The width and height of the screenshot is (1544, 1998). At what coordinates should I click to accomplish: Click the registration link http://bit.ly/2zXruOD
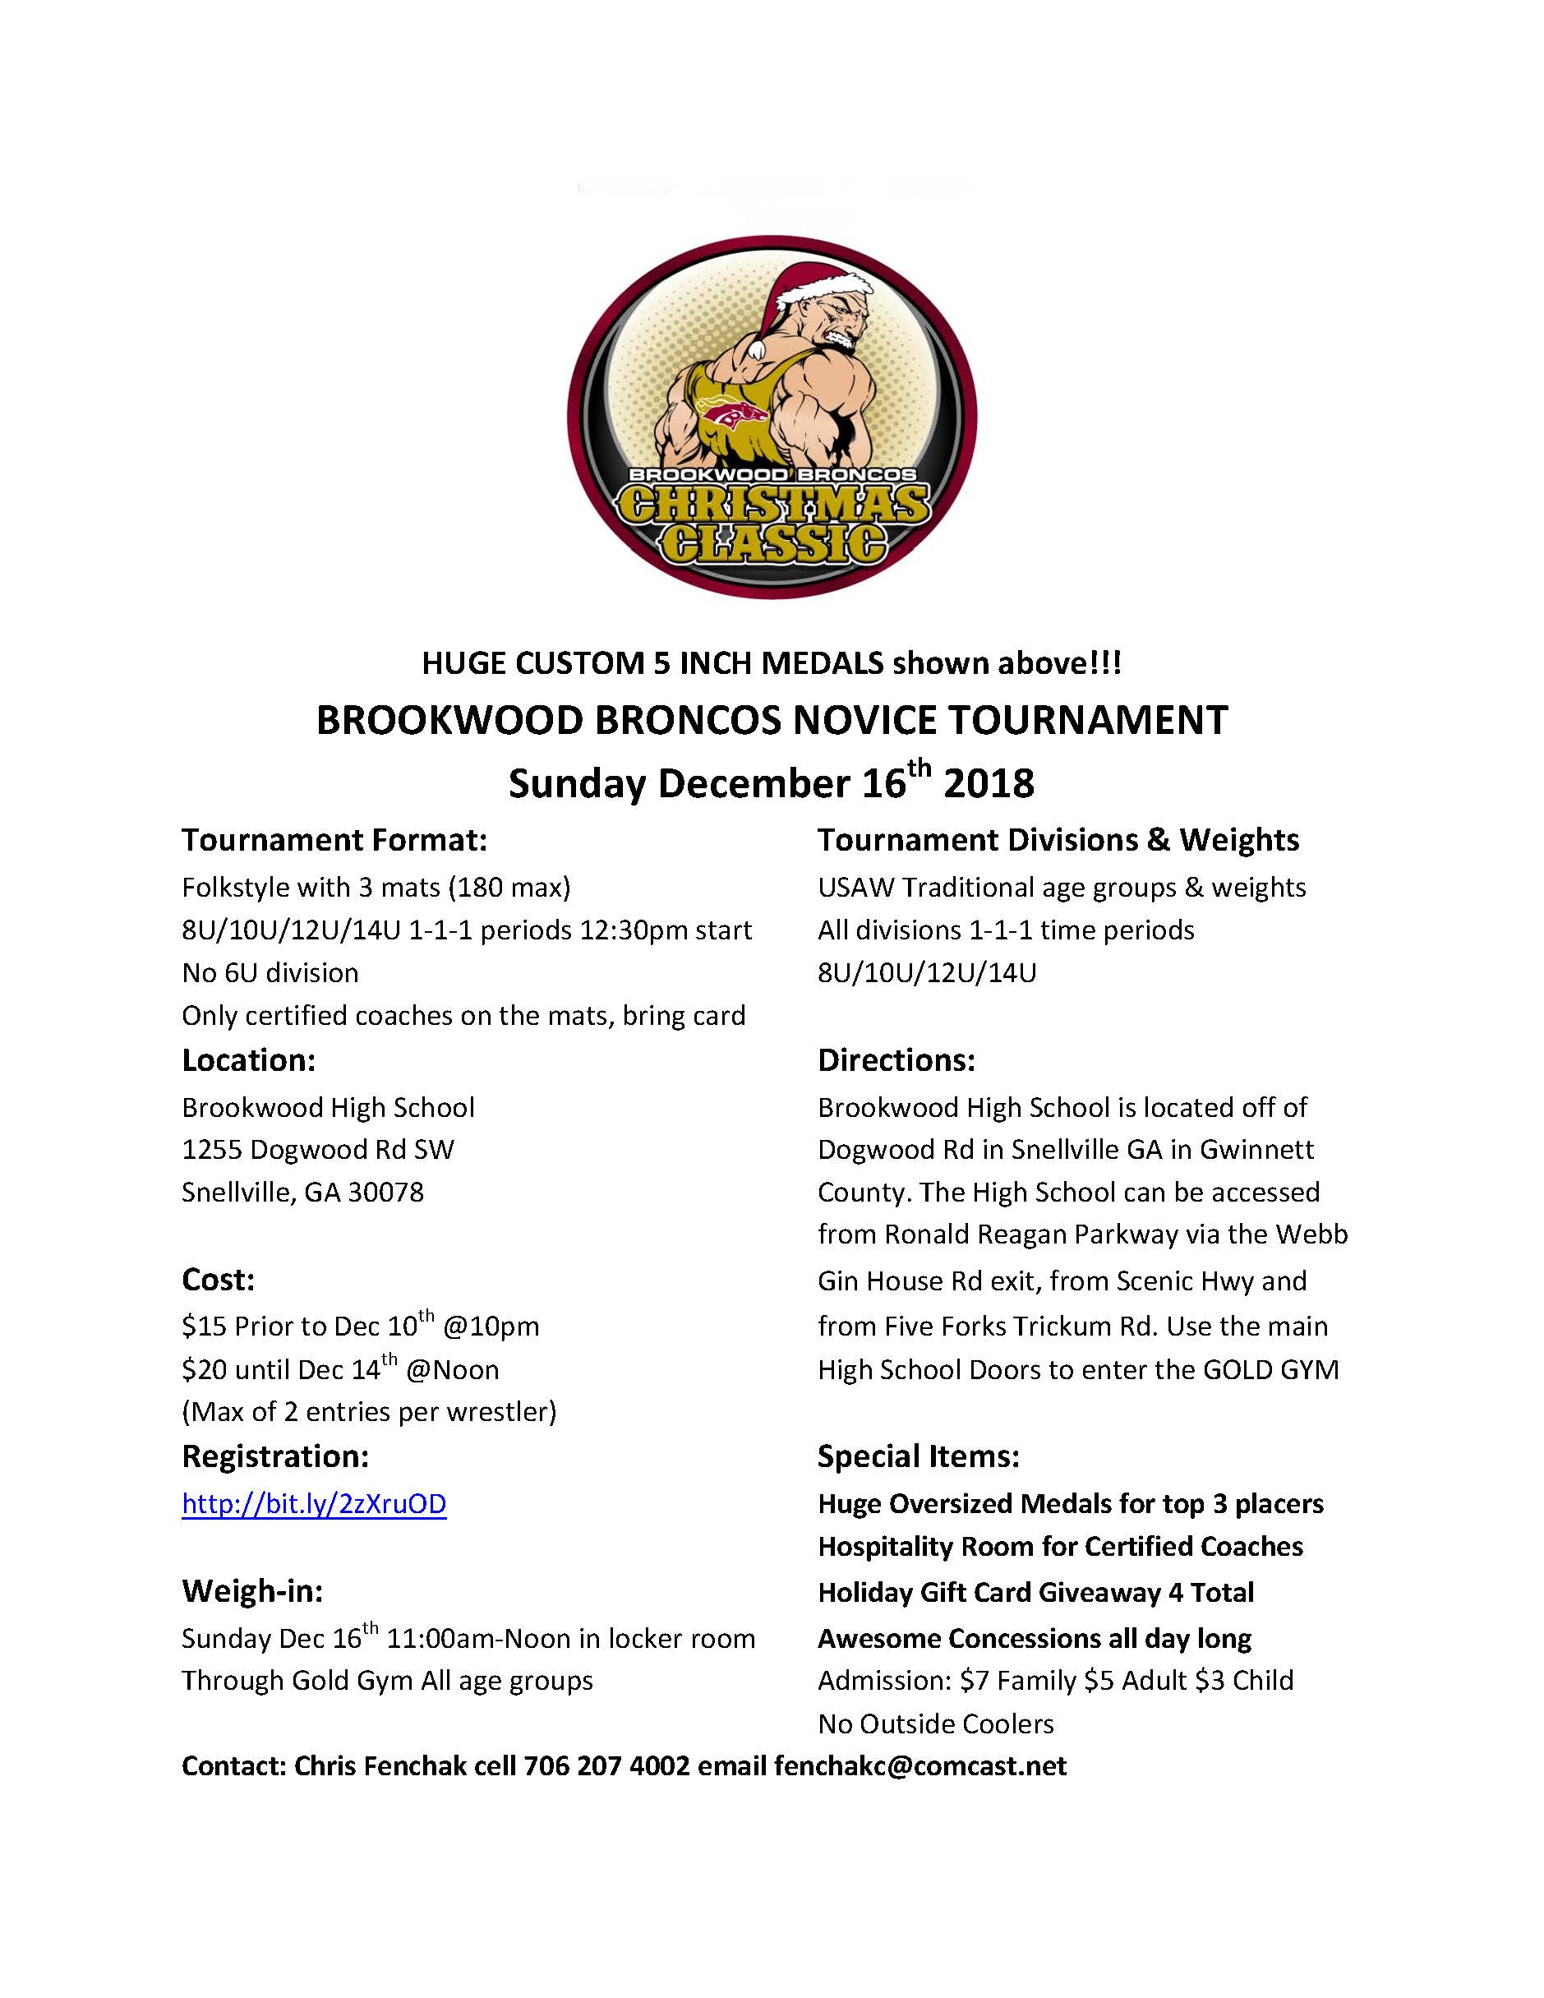[x=314, y=1504]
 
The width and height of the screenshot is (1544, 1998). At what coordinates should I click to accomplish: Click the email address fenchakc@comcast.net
[x=919, y=1765]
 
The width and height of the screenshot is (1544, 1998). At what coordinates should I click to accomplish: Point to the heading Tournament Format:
[x=334, y=839]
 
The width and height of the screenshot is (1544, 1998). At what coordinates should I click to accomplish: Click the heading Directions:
[x=896, y=1059]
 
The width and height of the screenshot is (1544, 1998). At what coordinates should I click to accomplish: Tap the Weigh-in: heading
[x=252, y=1591]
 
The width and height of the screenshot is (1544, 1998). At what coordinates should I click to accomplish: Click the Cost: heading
[x=218, y=1279]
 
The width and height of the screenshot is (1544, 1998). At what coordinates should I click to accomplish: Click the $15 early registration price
[x=203, y=1327]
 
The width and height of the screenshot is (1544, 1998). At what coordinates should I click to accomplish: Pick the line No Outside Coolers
[x=935, y=1723]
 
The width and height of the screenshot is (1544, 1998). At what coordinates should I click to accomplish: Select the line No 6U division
[x=270, y=971]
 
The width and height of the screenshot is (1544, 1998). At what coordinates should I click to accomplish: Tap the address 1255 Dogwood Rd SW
[x=317, y=1149]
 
